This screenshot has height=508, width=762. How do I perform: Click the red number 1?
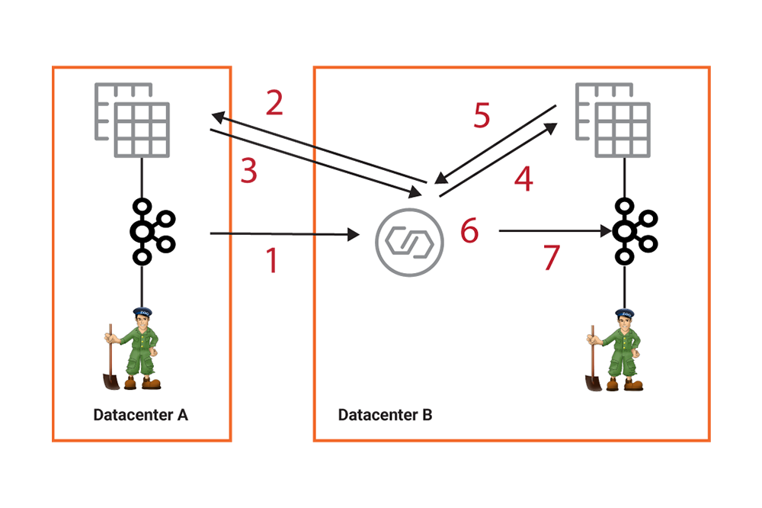[271, 262]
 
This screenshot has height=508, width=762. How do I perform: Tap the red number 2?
[274, 103]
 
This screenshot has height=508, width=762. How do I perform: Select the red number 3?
[248, 172]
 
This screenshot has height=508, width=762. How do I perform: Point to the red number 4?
[523, 179]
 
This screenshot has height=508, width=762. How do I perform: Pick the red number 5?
[481, 116]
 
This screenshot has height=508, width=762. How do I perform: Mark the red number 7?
[551, 259]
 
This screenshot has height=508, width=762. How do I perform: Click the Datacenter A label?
[140, 416]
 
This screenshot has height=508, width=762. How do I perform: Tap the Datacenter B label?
[385, 416]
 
